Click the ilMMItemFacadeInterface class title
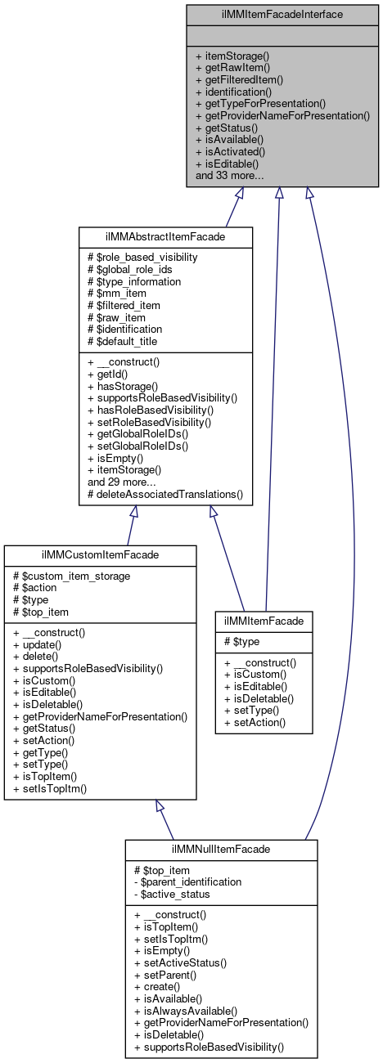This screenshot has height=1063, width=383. click(278, 14)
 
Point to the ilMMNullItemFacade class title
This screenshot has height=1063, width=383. click(221, 850)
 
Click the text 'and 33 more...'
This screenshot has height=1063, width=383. click(229, 174)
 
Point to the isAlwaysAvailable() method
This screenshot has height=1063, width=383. click(189, 1011)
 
